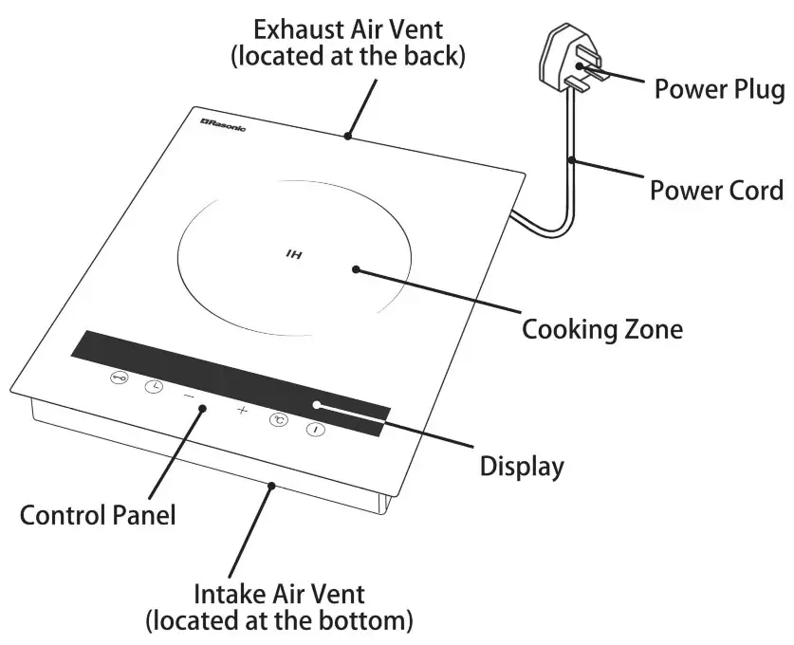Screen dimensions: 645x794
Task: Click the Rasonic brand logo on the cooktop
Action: tap(224, 125)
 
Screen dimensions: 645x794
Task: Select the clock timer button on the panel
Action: tap(153, 386)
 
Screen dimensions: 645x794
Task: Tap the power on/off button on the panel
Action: tap(314, 430)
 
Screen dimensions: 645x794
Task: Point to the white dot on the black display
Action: tap(317, 405)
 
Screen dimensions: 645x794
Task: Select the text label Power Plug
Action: tap(719, 90)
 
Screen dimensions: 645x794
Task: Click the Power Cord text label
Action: tap(716, 190)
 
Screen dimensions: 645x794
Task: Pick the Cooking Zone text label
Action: tap(602, 330)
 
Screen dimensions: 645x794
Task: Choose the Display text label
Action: tap(522, 467)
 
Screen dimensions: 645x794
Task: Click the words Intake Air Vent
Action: tap(279, 595)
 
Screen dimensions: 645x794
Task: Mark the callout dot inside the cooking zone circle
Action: tap(356, 269)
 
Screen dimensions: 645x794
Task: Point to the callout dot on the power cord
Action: tap(570, 160)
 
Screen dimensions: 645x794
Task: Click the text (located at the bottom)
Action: tap(279, 622)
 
